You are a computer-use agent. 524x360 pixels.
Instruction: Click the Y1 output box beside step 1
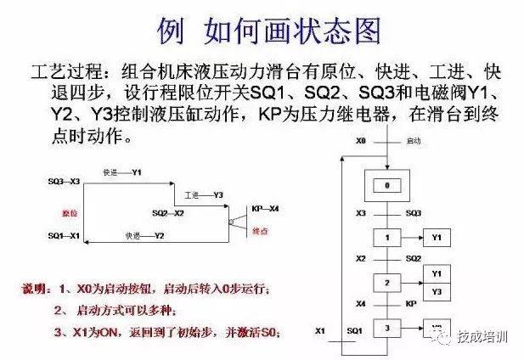[x=436, y=239]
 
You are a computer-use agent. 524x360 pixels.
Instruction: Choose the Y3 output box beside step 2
[x=436, y=291]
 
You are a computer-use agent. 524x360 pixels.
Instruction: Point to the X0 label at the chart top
[x=361, y=139]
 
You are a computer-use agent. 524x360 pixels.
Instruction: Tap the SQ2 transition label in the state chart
[x=414, y=258]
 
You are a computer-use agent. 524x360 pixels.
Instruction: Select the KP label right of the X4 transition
[x=411, y=303]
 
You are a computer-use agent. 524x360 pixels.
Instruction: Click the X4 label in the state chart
[x=360, y=303]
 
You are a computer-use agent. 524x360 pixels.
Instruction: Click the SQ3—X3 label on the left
[x=64, y=182]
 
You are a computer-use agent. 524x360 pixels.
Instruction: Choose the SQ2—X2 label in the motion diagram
[x=168, y=213]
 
